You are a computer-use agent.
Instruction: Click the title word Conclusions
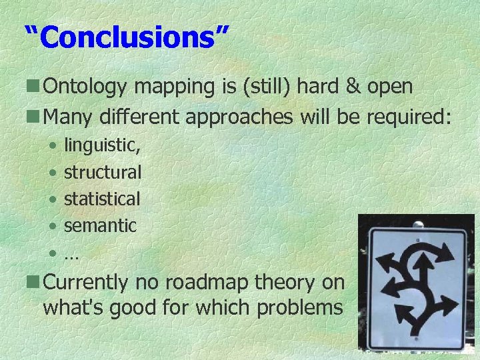click(127, 37)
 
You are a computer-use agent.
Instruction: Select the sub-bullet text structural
click(102, 172)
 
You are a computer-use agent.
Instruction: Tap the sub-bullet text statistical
click(102, 199)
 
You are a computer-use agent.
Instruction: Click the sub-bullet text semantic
click(100, 225)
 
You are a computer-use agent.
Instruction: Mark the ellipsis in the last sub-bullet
click(71, 253)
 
